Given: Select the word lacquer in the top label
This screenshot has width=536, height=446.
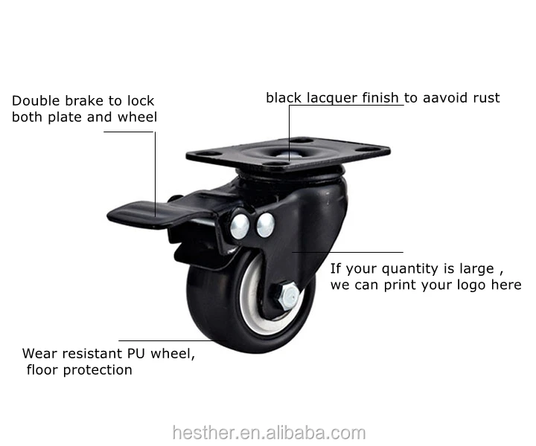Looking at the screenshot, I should point(328,97).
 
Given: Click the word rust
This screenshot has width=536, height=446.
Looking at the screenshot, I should point(486,97).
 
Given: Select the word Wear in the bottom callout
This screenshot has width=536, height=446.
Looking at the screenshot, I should point(38,353).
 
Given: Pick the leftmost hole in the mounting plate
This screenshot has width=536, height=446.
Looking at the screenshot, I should point(209,155).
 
